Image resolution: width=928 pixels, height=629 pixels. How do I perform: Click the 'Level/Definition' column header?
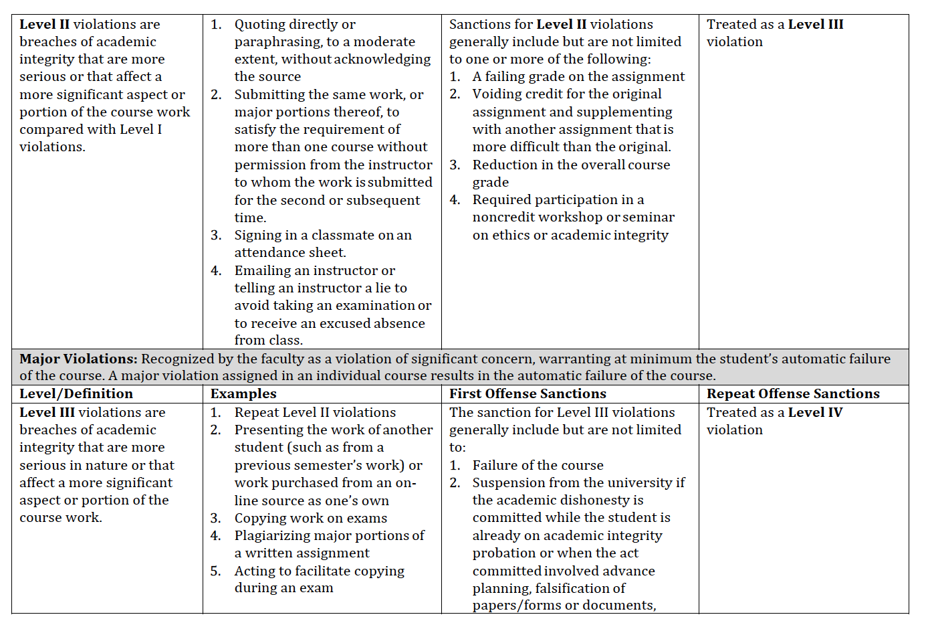[76, 393]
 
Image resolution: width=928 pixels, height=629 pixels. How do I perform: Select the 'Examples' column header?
[243, 393]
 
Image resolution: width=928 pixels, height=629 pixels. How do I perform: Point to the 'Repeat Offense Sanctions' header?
[793, 393]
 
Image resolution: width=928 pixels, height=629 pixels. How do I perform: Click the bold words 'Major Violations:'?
[78, 359]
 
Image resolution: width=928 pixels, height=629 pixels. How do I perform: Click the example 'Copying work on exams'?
[310, 518]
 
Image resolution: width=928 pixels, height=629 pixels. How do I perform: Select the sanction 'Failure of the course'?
[538, 465]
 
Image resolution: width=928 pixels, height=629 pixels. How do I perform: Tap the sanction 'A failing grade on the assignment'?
[578, 76]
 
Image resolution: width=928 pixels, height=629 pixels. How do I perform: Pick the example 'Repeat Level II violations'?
[315, 412]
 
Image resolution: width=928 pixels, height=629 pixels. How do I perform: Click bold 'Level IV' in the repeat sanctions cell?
[815, 412]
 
